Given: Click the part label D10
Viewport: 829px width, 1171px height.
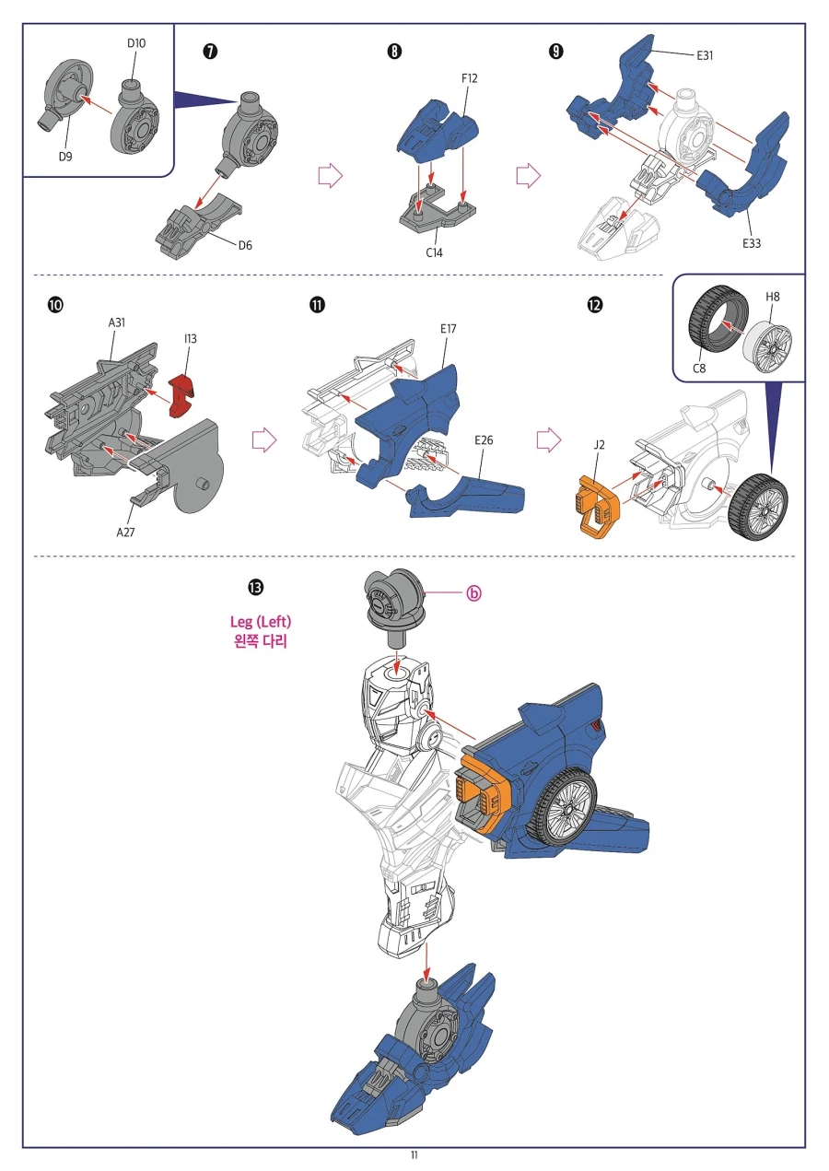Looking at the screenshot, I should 135,43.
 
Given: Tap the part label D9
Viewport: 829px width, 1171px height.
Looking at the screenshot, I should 65,156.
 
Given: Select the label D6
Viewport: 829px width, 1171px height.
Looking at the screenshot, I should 245,245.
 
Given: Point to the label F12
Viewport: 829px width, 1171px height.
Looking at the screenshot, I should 469,78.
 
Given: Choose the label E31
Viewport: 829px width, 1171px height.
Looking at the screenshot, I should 705,55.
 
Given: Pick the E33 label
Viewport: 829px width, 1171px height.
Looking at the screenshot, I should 753,244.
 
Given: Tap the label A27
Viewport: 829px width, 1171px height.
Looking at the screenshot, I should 124,532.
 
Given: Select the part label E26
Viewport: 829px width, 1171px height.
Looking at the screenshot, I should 484,440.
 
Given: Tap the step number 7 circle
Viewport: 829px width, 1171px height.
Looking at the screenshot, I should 209,52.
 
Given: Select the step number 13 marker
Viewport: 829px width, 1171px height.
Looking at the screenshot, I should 253,587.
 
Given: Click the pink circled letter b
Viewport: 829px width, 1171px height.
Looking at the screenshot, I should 473,594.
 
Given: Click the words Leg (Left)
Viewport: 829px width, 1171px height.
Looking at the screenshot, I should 261,622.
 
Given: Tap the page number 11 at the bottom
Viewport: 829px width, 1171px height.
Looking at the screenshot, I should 414,1155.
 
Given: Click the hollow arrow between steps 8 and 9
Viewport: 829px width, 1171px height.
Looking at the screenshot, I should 527,175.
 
